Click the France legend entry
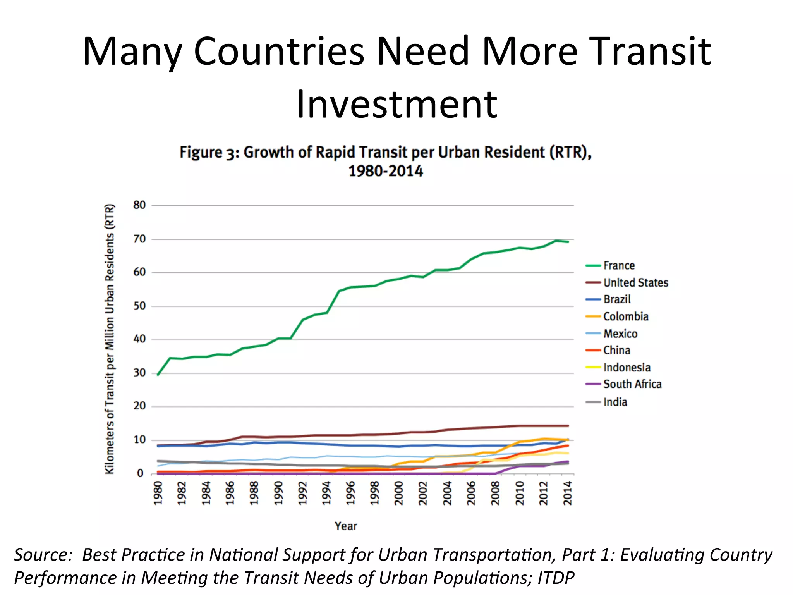tap(618, 265)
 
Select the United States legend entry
tap(635, 282)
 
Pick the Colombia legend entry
tap(625, 316)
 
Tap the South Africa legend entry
tap(632, 384)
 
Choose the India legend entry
tap(615, 402)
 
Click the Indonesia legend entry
tap(627, 367)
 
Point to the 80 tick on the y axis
tap(139, 205)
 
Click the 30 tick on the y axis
tap(139, 373)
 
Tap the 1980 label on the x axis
tap(158, 493)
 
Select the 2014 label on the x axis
tap(568, 493)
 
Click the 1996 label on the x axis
tap(351, 493)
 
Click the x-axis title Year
tap(346, 526)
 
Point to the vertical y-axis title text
tap(110, 339)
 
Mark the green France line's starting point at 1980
tap(158, 375)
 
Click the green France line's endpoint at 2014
tap(568, 242)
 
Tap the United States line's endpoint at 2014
tap(568, 426)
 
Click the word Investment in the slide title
tap(396, 104)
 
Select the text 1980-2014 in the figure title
tap(386, 171)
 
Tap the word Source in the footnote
tap(41, 555)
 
